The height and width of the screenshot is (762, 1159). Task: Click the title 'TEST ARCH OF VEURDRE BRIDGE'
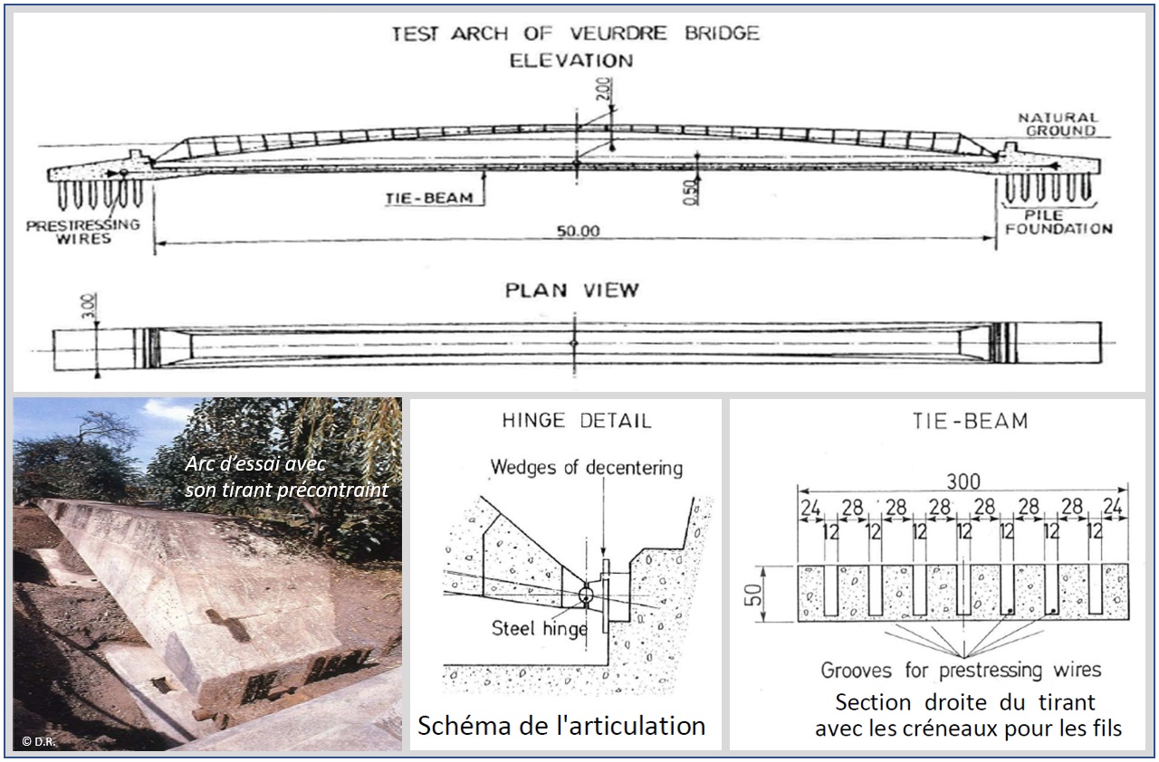575,35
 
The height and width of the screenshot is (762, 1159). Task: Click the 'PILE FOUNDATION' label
1058,222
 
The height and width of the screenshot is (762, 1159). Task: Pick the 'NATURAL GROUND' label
1058,124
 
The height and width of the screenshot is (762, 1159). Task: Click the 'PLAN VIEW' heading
571,291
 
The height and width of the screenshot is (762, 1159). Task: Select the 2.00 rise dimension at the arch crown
605,89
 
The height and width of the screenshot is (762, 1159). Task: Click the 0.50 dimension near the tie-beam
689,193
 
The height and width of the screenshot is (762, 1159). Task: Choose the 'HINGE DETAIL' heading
576,422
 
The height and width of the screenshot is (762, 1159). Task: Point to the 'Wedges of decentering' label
587,468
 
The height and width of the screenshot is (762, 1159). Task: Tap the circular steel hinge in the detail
585,595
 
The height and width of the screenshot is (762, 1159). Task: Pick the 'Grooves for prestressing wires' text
961,671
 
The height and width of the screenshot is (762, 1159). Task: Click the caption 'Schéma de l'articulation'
560,725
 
